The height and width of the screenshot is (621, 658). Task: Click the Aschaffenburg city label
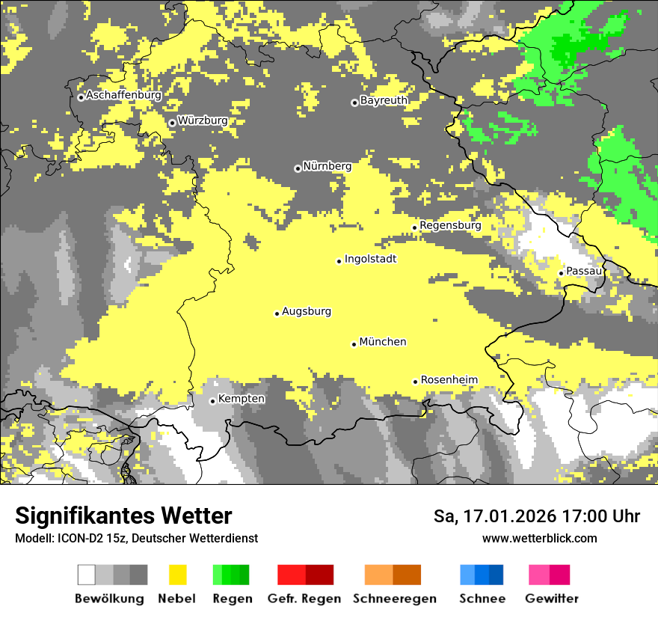point(123,96)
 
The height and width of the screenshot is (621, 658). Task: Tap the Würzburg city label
point(203,120)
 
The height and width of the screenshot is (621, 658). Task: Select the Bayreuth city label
point(384,100)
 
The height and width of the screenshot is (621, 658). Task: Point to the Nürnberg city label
point(328,166)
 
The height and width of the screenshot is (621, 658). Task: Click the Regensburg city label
point(450,225)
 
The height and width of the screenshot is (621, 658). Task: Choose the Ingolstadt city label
point(370,259)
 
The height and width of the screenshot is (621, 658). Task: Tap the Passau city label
point(584,271)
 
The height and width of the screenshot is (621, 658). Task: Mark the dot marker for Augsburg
point(277,313)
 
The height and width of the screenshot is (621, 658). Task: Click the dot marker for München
point(354,344)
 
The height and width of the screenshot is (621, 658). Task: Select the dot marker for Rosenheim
point(415,382)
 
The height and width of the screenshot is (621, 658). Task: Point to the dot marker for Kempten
point(212,401)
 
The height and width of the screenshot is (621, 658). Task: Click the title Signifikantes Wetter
point(123,516)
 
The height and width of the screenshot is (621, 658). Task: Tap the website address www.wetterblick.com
point(539,538)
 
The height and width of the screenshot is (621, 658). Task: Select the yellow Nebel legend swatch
point(177,575)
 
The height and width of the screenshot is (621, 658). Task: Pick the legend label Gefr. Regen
point(304,599)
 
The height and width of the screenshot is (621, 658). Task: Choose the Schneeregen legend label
point(394,599)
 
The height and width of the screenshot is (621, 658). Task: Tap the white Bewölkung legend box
point(86,575)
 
